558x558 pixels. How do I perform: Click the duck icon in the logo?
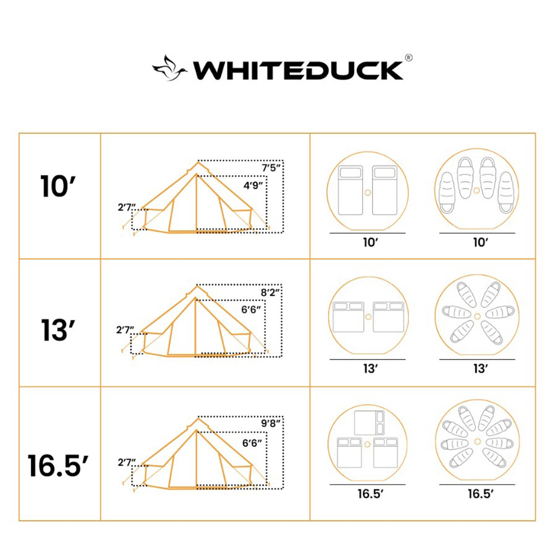pos(169,69)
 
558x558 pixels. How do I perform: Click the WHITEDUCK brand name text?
pos(298,71)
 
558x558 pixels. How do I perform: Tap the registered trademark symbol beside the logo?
pos(408,58)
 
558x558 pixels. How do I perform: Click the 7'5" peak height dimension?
pos(271,167)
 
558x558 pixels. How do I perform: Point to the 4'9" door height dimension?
pos(253,185)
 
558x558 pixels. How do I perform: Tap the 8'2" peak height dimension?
pos(271,292)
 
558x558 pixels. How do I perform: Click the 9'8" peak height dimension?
pos(271,423)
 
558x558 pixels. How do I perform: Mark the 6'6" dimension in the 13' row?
pos(251,310)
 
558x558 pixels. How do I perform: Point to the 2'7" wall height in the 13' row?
pos(125,330)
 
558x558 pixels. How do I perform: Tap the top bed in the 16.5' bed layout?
pos(369,423)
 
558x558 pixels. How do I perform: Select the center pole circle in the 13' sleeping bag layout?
pos(477,316)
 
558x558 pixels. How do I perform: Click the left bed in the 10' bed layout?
pos(351,191)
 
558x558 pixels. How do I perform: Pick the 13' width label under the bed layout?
pos(370,369)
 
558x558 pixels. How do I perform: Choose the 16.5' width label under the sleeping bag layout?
pos(480,494)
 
